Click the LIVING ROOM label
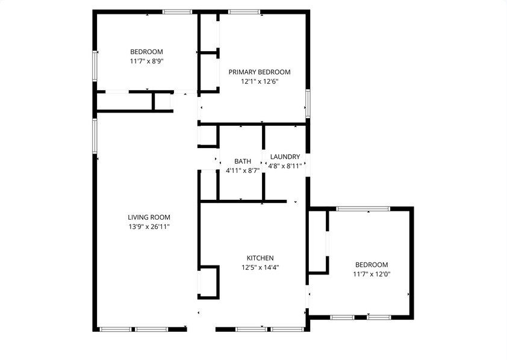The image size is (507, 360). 149,217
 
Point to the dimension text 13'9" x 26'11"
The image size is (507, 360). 149,226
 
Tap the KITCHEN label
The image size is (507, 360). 260,258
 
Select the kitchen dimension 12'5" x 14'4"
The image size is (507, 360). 260,267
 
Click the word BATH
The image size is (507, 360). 243,161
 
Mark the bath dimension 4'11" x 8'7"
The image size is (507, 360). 243,170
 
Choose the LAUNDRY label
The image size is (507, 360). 285,157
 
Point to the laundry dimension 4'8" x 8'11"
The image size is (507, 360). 285,166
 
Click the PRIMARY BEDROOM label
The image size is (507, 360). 260,72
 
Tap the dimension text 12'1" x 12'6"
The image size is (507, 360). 260,81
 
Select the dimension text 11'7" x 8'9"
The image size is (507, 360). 146,61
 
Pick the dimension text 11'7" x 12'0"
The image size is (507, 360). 372,275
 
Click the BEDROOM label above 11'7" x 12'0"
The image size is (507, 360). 372,265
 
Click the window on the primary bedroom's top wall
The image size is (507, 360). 244,12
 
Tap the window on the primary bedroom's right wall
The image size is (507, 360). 308,104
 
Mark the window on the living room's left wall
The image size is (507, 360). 95,135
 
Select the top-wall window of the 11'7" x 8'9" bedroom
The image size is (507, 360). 177,12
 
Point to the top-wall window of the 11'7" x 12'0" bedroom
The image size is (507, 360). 363,209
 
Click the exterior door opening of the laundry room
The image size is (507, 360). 308,165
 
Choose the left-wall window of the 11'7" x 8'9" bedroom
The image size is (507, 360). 95,66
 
